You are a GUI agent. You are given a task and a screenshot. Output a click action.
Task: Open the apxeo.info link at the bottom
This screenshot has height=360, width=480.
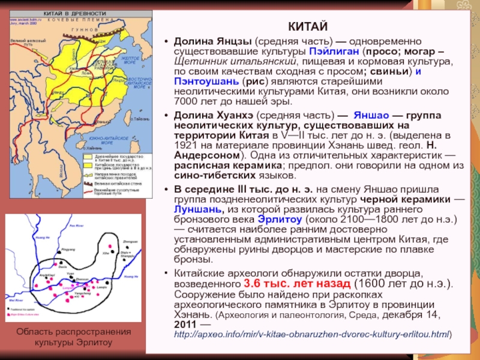point(312,333)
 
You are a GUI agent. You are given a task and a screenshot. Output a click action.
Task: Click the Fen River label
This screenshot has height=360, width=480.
point(76,224)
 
